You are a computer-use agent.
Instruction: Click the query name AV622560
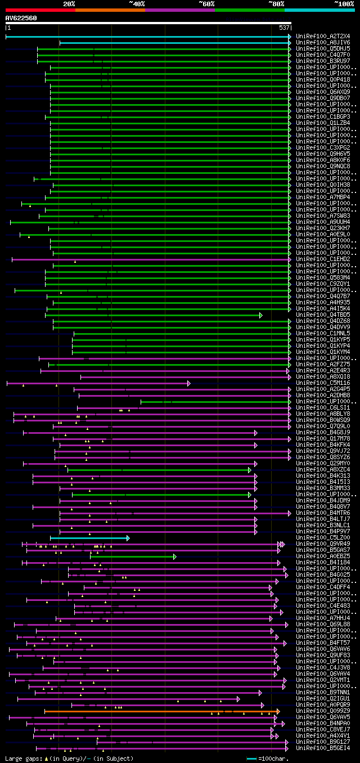click(x=21, y=18)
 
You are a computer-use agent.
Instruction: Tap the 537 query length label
click(x=284, y=28)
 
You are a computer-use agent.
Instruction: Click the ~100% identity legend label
click(x=344, y=3)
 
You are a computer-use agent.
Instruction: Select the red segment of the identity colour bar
click(x=40, y=10)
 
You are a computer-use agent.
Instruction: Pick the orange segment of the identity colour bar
click(x=110, y=10)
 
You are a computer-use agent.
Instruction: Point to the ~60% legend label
click(x=206, y=3)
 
